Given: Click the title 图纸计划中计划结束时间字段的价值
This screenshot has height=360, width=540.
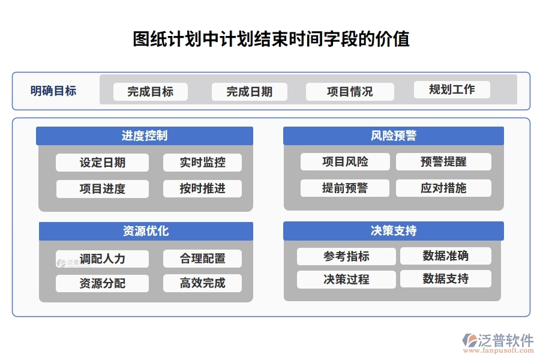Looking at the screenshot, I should (271, 40).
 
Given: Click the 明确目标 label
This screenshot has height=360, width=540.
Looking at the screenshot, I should (53, 91).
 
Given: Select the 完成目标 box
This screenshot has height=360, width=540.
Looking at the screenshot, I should (151, 92).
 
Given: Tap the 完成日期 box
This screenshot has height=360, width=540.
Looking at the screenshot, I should (250, 92).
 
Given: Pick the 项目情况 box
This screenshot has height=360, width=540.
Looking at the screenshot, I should (350, 92).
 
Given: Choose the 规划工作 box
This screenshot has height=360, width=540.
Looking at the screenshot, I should (452, 90).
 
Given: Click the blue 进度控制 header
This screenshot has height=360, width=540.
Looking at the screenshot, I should (145, 136).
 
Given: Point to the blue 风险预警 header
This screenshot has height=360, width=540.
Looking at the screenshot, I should (394, 136).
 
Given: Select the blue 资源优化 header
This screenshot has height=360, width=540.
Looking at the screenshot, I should (146, 231).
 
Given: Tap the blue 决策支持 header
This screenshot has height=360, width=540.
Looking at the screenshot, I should (394, 231).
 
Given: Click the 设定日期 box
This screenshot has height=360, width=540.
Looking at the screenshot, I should (103, 163).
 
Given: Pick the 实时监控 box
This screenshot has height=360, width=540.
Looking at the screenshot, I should (203, 163).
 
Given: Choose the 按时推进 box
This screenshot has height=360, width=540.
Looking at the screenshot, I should (203, 188).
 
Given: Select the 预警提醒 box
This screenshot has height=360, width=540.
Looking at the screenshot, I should (443, 162).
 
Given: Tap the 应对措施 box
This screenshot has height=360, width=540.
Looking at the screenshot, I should (443, 188).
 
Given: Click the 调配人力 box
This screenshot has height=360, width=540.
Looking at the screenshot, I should (103, 259).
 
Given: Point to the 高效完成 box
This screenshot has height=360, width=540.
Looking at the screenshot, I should (203, 283).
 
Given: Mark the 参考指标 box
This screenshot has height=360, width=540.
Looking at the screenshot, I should (346, 257).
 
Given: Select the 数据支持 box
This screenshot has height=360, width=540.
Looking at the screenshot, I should (446, 279).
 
